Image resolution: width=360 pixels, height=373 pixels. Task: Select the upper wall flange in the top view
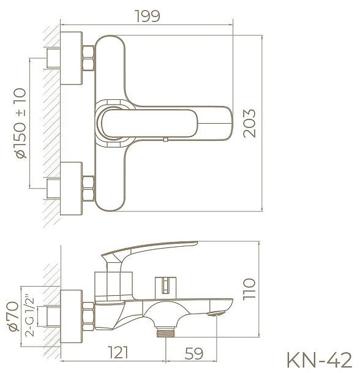[x=72, y=62]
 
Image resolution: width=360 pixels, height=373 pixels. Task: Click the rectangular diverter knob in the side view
[x=164, y=284]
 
